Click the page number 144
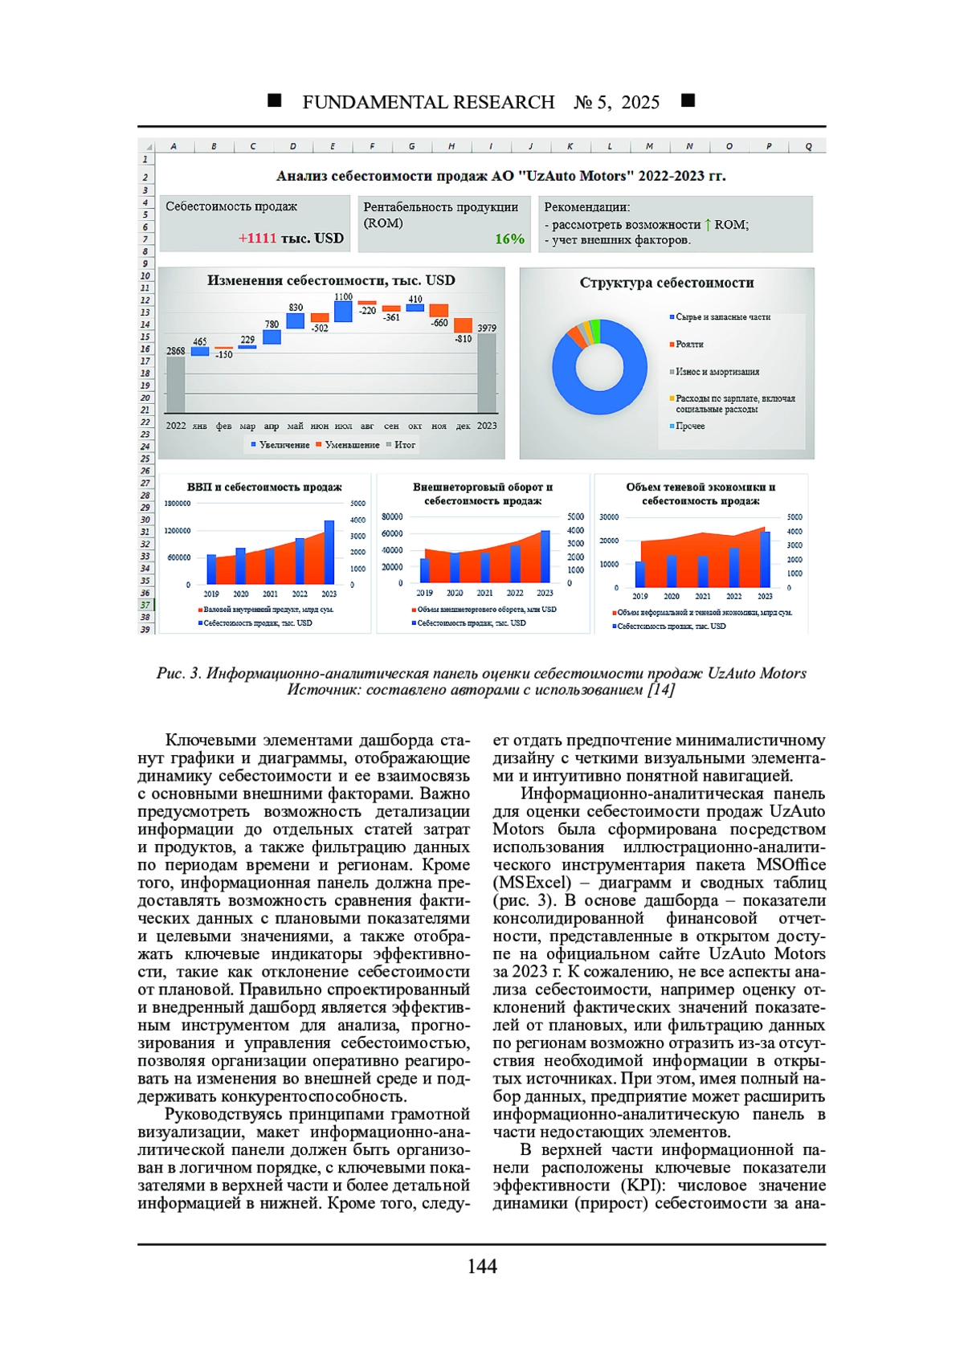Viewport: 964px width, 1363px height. click(482, 1267)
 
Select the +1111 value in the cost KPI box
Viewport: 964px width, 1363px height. click(257, 239)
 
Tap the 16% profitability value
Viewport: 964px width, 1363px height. click(509, 239)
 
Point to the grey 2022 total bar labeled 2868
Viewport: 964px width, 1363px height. click(176, 384)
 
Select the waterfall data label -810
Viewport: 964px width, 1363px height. click(463, 339)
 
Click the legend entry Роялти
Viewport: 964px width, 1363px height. click(688, 345)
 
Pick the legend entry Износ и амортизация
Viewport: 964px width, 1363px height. click(717, 372)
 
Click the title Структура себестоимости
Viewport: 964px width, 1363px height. click(667, 283)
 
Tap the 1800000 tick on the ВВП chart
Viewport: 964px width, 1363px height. click(178, 504)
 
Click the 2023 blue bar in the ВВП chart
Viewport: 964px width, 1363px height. click(329, 552)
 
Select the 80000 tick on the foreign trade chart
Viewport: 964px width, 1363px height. click(392, 517)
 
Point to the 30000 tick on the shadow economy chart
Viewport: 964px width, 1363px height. click(609, 517)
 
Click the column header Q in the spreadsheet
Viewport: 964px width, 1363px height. click(808, 146)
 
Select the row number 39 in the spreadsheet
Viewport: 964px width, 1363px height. click(145, 629)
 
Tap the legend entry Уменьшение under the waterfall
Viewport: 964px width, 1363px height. click(352, 445)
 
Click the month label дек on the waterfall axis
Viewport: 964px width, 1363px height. click(463, 426)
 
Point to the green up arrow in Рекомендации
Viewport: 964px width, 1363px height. click(708, 224)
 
